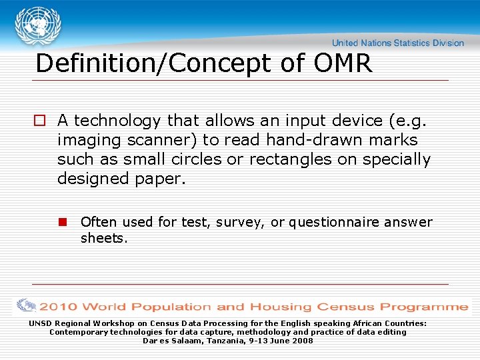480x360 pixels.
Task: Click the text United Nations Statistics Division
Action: click(x=398, y=43)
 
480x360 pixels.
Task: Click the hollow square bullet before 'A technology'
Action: click(x=40, y=121)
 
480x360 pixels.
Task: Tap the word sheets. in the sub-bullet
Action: click(x=103, y=238)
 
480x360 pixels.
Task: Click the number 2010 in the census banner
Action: click(x=58, y=307)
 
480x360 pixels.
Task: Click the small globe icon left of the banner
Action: click(x=26, y=306)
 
